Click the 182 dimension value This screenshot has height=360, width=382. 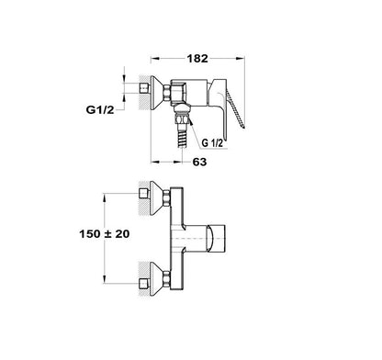coord(197,59)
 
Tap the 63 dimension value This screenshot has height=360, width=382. coord(199,162)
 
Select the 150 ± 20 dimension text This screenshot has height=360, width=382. coord(105,234)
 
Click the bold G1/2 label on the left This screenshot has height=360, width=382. coord(100,109)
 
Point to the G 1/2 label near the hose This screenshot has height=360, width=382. coord(212,143)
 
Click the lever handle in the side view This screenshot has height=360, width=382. coord(236,107)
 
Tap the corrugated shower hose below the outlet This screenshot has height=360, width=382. coord(183,137)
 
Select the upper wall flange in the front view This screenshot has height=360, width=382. coord(157,198)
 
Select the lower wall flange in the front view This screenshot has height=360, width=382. coord(157,279)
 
